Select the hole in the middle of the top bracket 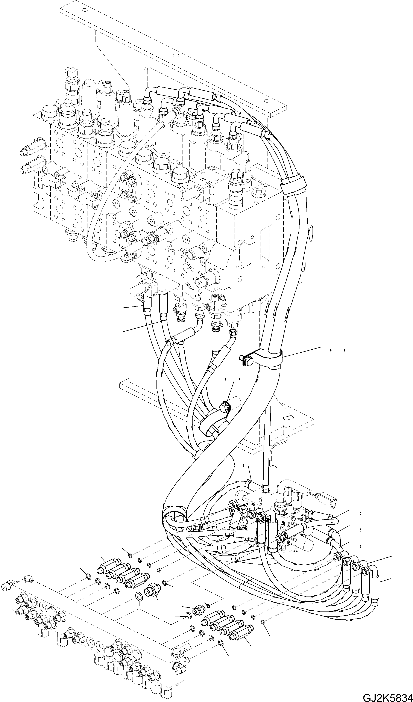175,55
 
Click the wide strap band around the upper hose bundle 293,184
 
